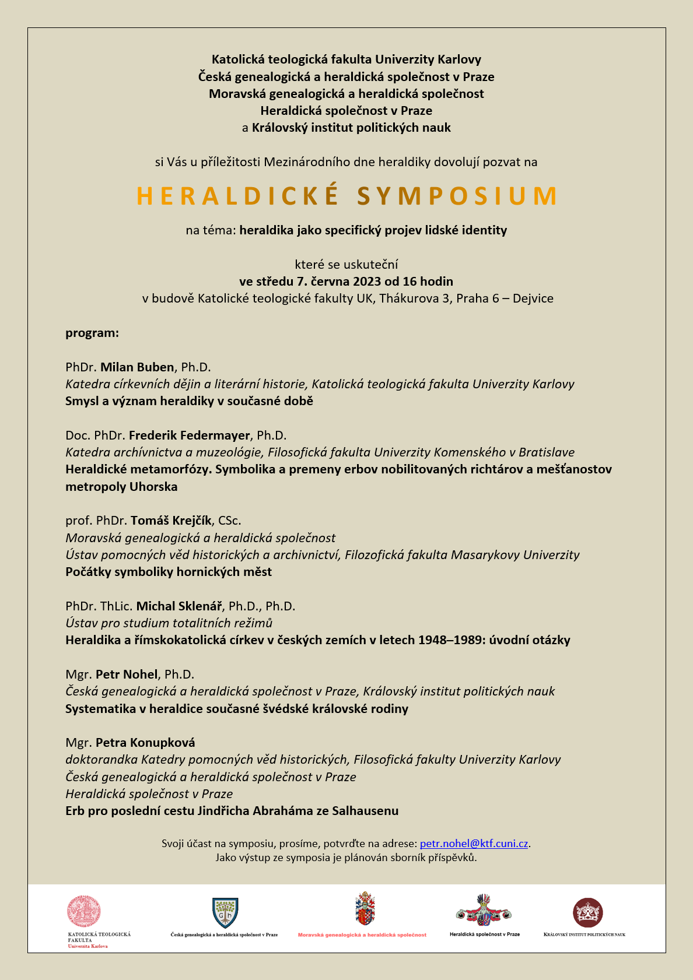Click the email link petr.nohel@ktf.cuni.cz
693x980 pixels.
pyautogui.click(x=474, y=844)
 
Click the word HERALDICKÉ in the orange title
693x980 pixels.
pyautogui.click(x=237, y=196)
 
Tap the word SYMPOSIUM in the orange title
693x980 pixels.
pyautogui.click(x=457, y=196)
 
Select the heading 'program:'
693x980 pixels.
pyautogui.click(x=92, y=333)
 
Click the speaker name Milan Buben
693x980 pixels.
pyautogui.click(x=137, y=367)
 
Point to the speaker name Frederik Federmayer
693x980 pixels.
pyautogui.click(x=190, y=435)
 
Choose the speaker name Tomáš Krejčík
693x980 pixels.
pyautogui.click(x=171, y=521)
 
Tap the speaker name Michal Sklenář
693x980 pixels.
pyautogui.click(x=178, y=606)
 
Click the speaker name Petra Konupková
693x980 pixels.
pyautogui.click(x=145, y=743)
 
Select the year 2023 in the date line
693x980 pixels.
pyautogui.click(x=366, y=282)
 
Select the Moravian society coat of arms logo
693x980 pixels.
pyautogui.click(x=365, y=908)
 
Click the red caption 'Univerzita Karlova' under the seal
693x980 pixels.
pyautogui.click(x=87, y=946)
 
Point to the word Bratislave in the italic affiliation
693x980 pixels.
pyautogui.click(x=547, y=452)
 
